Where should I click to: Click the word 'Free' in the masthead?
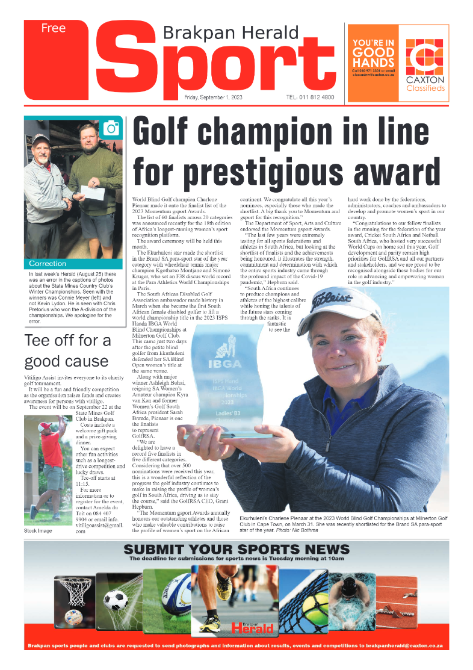coord(54,28)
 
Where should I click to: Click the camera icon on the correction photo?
coord(111,128)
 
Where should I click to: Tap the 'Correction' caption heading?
coord(48,264)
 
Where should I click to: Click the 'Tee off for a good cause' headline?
coord(67,350)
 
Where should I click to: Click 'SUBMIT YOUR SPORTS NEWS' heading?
coord(236,550)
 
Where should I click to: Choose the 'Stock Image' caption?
coord(38,530)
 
